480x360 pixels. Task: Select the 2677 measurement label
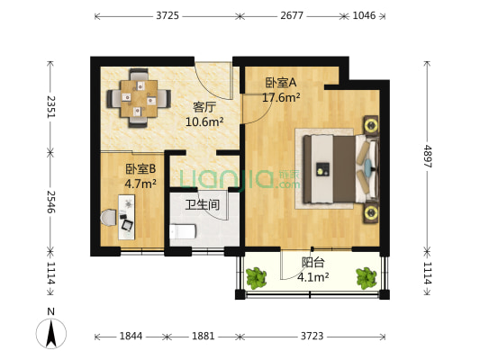291,15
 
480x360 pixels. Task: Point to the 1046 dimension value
365,15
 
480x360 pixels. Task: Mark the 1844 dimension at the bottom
131,337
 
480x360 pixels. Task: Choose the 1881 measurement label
204,337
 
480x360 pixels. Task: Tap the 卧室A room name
280,84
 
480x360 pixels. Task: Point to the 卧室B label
140,168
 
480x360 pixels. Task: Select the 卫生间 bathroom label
203,205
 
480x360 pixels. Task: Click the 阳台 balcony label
313,264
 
